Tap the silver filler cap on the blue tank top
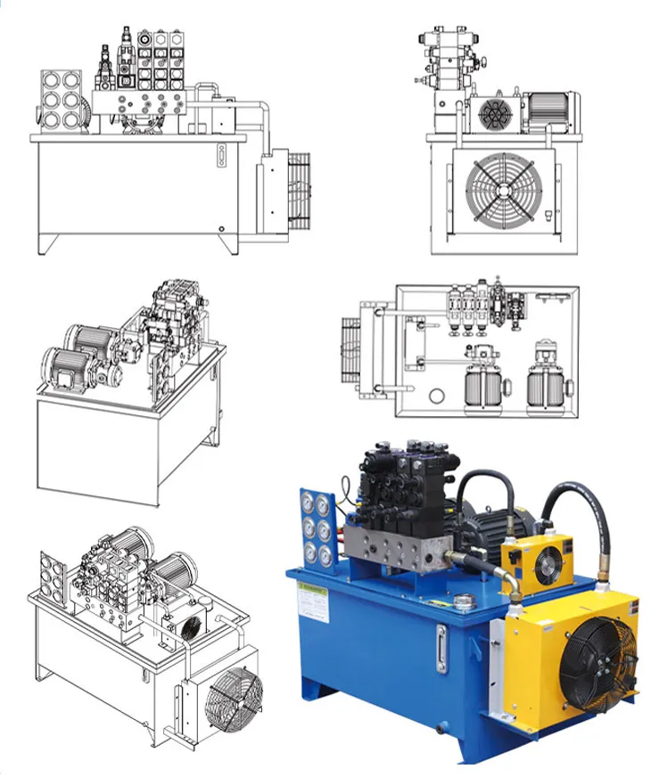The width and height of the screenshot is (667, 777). click(463, 603)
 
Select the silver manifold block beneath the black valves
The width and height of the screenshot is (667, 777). click(393, 547)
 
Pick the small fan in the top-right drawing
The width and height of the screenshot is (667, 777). click(494, 115)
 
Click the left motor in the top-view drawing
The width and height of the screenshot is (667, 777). click(482, 388)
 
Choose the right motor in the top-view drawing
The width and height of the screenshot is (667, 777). click(548, 388)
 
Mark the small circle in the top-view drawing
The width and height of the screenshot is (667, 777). click(437, 396)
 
